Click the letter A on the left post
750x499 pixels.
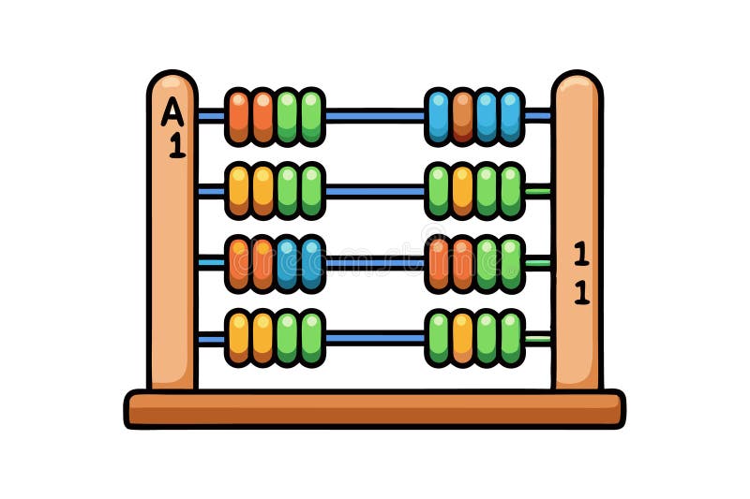pyautogui.click(x=172, y=112)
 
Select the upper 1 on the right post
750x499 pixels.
pyautogui.click(x=581, y=254)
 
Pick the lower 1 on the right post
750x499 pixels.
pyautogui.click(x=581, y=292)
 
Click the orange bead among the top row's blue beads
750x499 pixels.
pyautogui.click(x=462, y=117)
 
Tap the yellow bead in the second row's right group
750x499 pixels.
pyautogui.click(x=462, y=191)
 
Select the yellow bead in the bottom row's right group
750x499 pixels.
pyautogui.click(x=462, y=338)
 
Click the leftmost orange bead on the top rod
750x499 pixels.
pyautogui.click(x=239, y=117)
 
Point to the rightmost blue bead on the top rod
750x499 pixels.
pyautogui.click(x=511, y=117)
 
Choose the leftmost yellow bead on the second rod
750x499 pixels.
pyautogui.click(x=239, y=191)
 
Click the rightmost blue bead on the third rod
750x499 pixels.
pyautogui.click(x=311, y=264)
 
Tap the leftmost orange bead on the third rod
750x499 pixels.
pyautogui.click(x=239, y=264)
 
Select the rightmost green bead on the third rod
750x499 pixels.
pyautogui.click(x=511, y=264)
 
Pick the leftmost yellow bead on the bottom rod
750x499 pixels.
pyautogui.click(x=239, y=338)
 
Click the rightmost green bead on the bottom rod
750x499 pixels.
pyautogui.click(x=511, y=338)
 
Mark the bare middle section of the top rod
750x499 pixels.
pyautogui.click(x=375, y=116)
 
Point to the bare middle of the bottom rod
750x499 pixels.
pyautogui.click(x=375, y=338)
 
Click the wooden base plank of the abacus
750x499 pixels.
pyautogui.click(x=375, y=409)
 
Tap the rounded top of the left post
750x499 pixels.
pyautogui.click(x=172, y=81)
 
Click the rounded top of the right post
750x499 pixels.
pyautogui.click(x=577, y=81)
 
